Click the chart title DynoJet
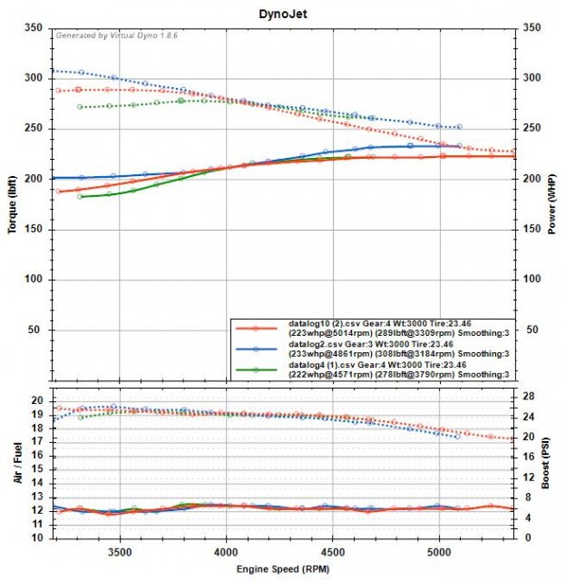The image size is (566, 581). pos(282,13)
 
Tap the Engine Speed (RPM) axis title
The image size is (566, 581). pos(282,567)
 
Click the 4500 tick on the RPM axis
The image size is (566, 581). pos(333,550)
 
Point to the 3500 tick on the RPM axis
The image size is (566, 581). pos(119,550)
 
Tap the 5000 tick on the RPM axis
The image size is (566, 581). pos(440,550)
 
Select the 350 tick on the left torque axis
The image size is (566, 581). pos(35,28)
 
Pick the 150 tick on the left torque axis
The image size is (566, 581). pos(35,230)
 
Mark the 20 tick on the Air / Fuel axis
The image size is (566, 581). pos(39,400)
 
